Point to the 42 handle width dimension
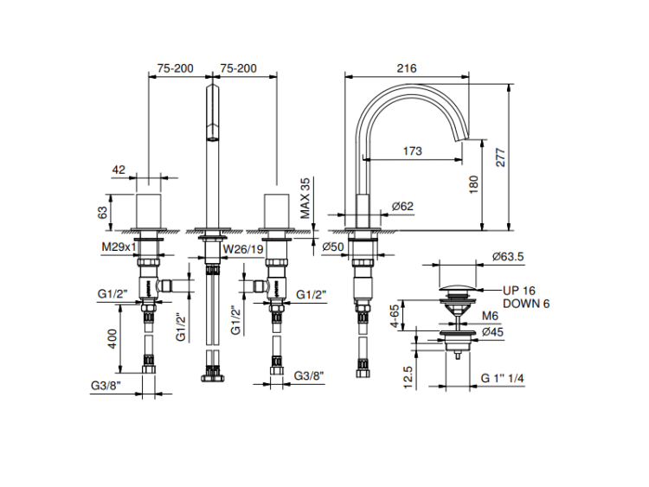pos(119,170)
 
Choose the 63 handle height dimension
pos(103,210)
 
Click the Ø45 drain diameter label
pos(494,331)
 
